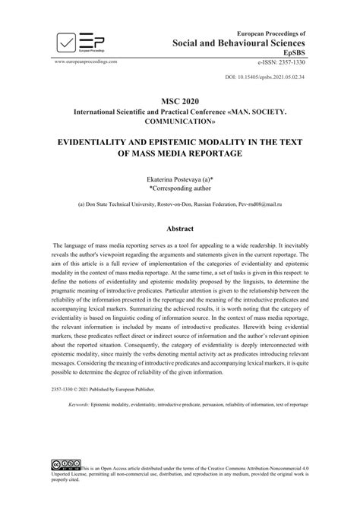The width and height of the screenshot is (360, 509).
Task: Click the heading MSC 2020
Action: click(x=179, y=100)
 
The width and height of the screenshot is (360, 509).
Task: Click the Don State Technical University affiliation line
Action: click(x=180, y=204)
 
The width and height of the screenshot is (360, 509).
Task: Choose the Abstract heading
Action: click(x=179, y=229)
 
